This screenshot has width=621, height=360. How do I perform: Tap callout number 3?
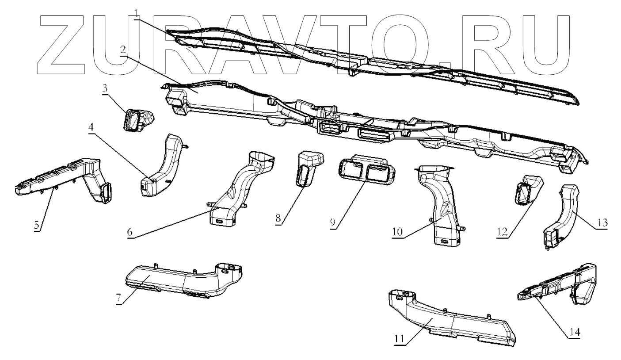[104, 88]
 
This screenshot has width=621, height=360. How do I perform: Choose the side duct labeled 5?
[66, 177]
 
